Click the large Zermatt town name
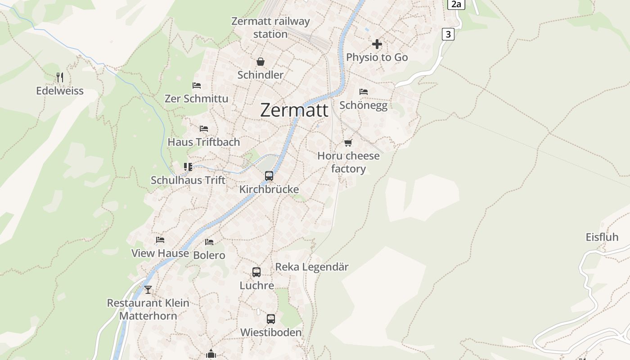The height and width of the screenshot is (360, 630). click(x=294, y=110)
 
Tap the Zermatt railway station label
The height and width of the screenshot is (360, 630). click(x=270, y=27)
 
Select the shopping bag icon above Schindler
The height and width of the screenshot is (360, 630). click(x=260, y=62)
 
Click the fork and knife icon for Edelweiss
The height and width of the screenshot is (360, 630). click(x=60, y=77)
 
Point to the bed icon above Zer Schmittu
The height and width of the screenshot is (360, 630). click(x=197, y=85)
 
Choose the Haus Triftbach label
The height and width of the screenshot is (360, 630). click(x=204, y=142)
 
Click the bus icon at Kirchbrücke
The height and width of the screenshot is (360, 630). click(x=269, y=176)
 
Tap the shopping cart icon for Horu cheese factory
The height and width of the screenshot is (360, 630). click(x=348, y=143)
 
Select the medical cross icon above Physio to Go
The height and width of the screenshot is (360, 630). click(x=377, y=44)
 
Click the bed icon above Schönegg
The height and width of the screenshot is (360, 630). click(x=364, y=92)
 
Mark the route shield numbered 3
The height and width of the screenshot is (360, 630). click(x=448, y=34)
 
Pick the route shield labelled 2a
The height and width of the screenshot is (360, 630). click(x=456, y=4)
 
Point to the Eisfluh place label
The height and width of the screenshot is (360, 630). click(x=602, y=237)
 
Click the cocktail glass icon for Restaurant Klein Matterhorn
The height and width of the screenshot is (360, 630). click(x=148, y=289)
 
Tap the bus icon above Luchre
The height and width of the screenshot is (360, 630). click(x=256, y=272)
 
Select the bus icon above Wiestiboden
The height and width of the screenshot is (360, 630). click(x=271, y=319)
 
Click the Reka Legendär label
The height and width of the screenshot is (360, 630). click(x=312, y=267)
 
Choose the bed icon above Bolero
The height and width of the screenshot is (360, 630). click(x=209, y=242)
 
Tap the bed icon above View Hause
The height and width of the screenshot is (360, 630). click(x=160, y=240)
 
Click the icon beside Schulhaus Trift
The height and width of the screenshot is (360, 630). click(x=188, y=167)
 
